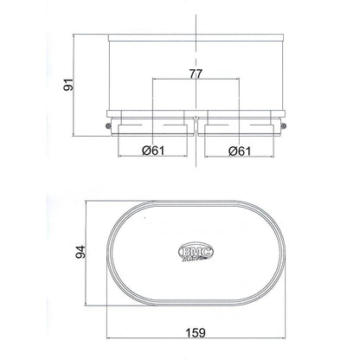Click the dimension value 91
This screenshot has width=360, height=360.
(68, 84)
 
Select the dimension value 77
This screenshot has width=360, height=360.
(196, 74)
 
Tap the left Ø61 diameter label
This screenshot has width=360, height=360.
(153, 151)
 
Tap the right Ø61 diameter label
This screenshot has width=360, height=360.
(240, 151)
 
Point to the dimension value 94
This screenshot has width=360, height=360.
(80, 252)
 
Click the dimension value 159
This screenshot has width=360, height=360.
(196, 332)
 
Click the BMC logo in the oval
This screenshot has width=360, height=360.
(196, 253)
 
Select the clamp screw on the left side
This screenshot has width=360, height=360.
(108, 125)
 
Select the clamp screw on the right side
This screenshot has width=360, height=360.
(284, 125)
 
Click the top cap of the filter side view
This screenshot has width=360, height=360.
(196, 37)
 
